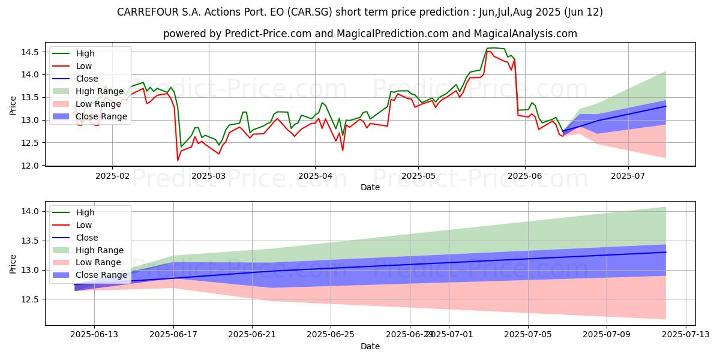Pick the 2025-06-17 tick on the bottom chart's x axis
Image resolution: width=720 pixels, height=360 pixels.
click(173, 335)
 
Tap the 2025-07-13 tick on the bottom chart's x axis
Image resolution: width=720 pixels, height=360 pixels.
click(685, 335)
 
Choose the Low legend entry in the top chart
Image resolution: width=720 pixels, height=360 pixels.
click(85, 66)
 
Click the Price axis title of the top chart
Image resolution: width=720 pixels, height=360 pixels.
click(13, 106)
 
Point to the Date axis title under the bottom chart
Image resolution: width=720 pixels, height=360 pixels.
click(370, 346)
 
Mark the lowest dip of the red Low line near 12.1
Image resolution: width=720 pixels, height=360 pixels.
click(178, 160)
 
